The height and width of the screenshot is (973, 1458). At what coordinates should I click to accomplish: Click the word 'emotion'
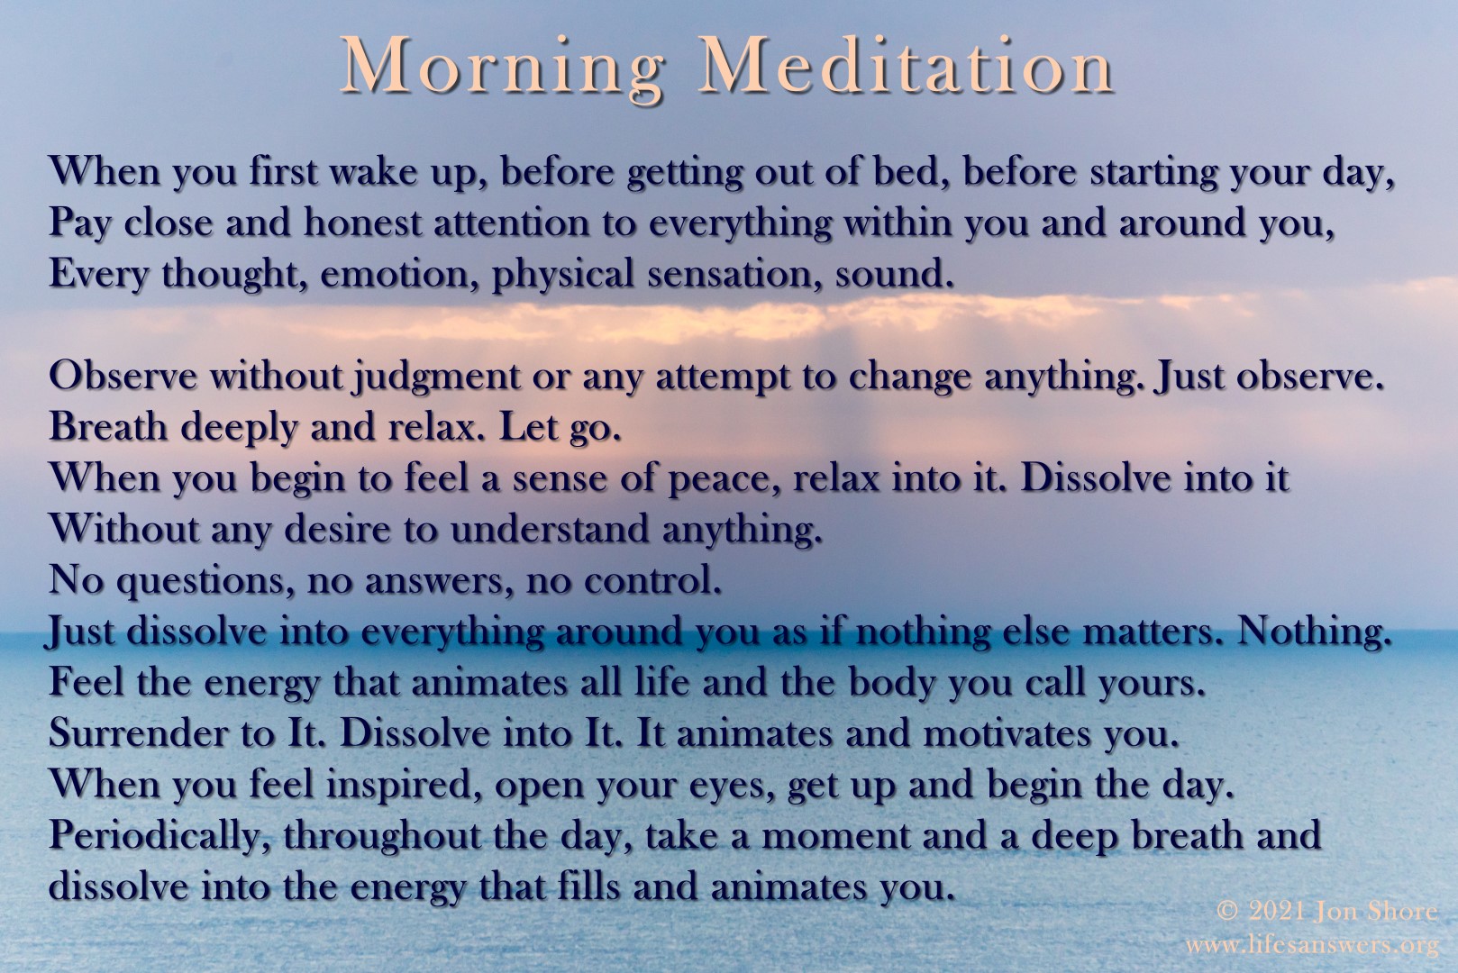pyautogui.click(x=395, y=273)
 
